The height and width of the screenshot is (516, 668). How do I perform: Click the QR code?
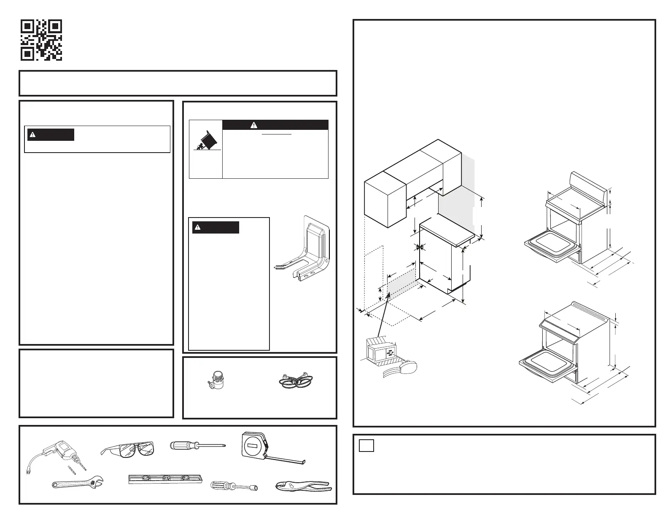(x=42, y=40)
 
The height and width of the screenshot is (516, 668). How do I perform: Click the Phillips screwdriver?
(x=196, y=446)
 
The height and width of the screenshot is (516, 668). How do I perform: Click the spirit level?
(x=166, y=479)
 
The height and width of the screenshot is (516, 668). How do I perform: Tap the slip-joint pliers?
(x=302, y=487)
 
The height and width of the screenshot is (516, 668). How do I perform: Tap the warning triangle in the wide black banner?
(x=254, y=125)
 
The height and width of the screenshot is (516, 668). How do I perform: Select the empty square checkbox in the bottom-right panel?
(x=366, y=445)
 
